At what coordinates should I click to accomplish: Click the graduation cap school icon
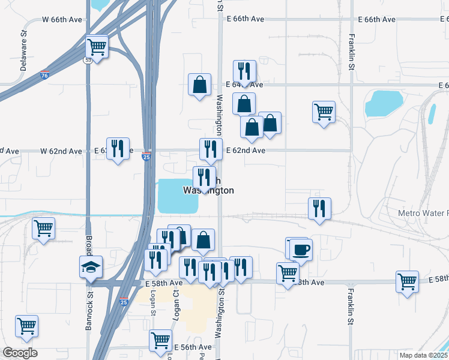point(91,266)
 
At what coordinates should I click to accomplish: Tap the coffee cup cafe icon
point(301,248)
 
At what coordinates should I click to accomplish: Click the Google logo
point(20,352)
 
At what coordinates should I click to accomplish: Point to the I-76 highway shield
point(44,76)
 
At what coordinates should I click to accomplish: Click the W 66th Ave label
point(62,19)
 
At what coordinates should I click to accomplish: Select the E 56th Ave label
point(193,347)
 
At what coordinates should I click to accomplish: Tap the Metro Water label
point(423,214)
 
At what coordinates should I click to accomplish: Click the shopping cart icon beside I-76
point(96,46)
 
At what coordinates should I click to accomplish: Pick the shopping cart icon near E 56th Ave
point(160,340)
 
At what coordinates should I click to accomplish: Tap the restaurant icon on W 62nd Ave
point(118,148)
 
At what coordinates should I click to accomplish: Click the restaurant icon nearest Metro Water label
point(319,208)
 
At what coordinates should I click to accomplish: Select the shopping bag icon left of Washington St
point(199,85)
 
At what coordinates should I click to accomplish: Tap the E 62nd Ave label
point(245,151)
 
